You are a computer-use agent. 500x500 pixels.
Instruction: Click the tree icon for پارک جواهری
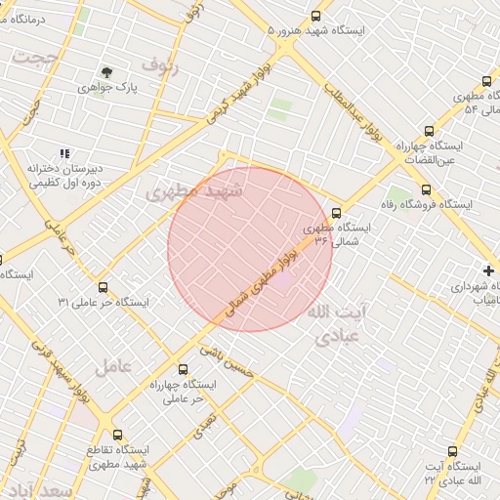(106, 72)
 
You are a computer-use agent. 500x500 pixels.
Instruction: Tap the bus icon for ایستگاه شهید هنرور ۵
(314, 16)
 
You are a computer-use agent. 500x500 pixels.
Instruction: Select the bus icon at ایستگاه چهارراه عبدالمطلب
(429, 131)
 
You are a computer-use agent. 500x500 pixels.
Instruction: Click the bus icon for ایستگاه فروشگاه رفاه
(425, 190)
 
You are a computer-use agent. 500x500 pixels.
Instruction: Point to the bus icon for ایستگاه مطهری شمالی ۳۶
(336, 212)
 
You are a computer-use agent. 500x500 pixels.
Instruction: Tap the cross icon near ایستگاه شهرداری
(488, 271)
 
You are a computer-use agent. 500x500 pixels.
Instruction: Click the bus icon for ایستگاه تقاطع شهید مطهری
(118, 435)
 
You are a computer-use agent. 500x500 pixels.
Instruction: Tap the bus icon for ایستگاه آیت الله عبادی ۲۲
(451, 451)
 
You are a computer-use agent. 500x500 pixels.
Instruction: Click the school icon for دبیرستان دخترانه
(64, 153)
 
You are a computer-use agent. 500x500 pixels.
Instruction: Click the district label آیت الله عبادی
(338, 324)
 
